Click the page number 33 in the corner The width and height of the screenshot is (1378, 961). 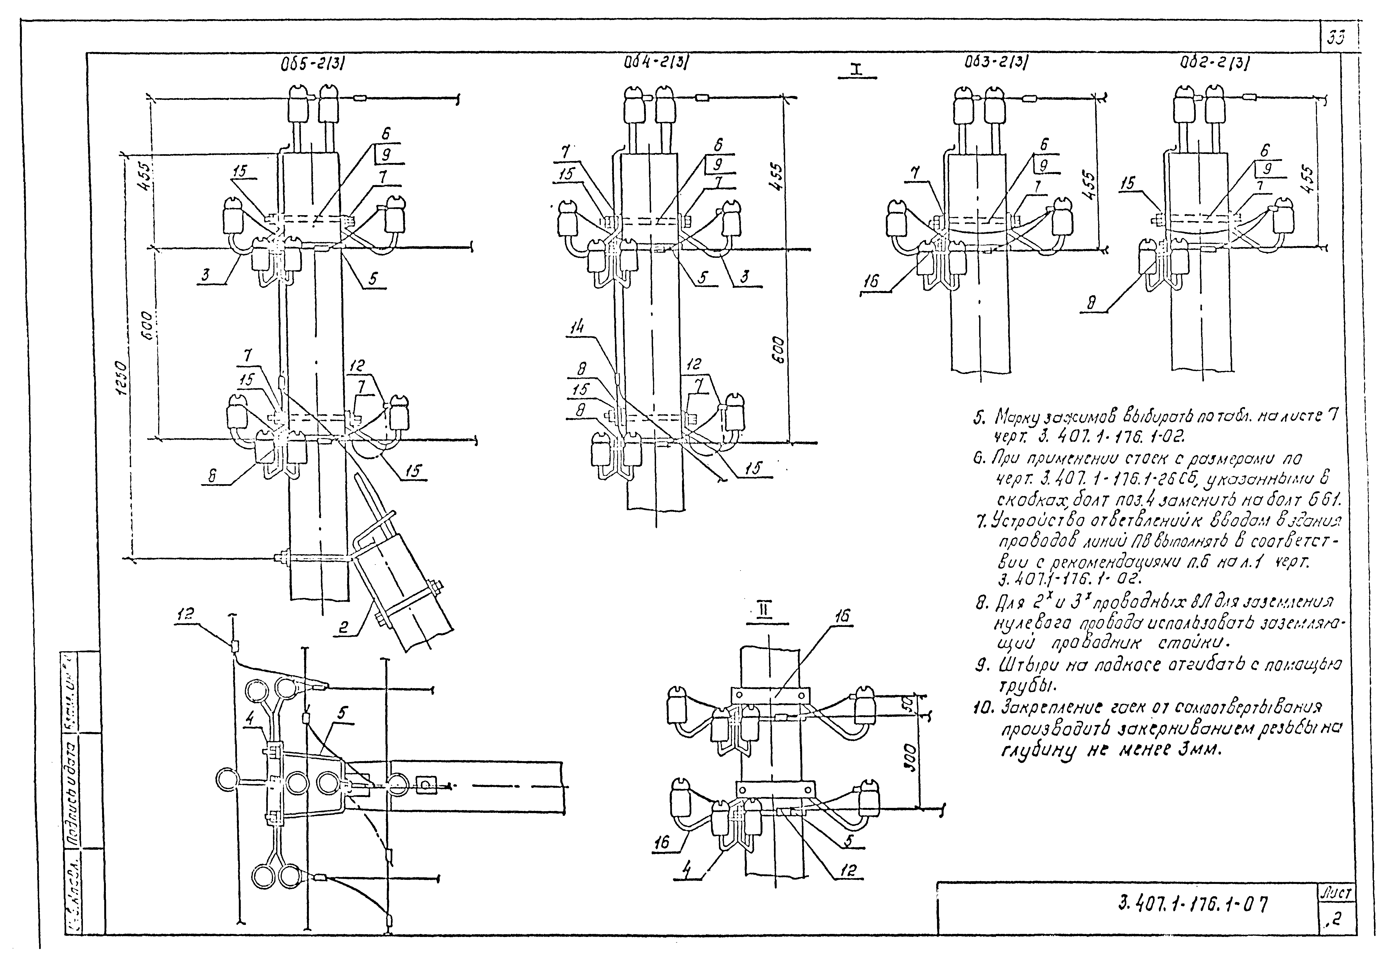tap(1335, 38)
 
